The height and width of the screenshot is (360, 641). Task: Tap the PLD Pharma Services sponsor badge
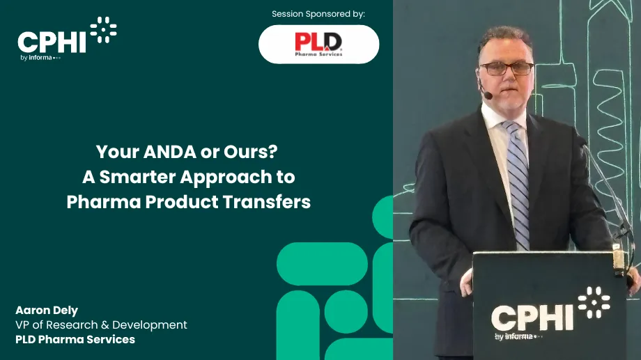[x=318, y=44]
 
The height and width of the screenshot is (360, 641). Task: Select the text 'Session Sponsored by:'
[x=318, y=13]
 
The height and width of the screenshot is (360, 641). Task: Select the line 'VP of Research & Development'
[x=101, y=325]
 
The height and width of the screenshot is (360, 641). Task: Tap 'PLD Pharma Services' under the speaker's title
[x=75, y=340]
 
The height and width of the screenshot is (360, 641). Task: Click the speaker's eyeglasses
[x=507, y=68]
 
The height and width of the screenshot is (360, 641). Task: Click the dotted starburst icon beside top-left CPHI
[x=103, y=29]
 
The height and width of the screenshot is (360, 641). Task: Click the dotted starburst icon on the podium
[x=594, y=302]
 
